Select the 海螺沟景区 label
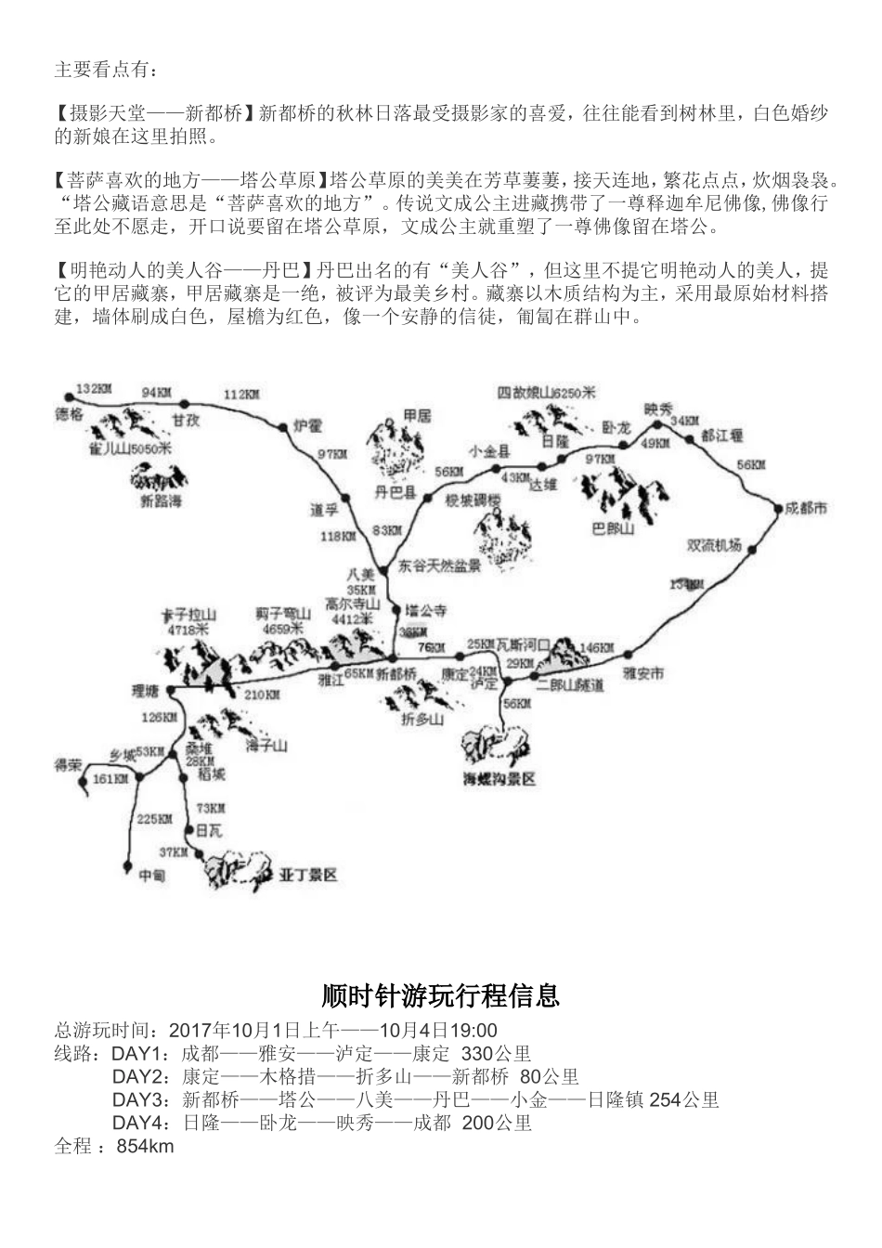point(499,779)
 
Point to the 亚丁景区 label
point(307,875)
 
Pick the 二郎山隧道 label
point(570,684)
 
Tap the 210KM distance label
point(263,694)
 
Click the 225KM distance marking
point(154,819)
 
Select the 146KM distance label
point(597,646)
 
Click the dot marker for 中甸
point(127,865)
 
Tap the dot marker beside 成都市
point(777,507)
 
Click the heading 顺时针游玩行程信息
point(440,996)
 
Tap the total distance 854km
point(145,1147)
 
